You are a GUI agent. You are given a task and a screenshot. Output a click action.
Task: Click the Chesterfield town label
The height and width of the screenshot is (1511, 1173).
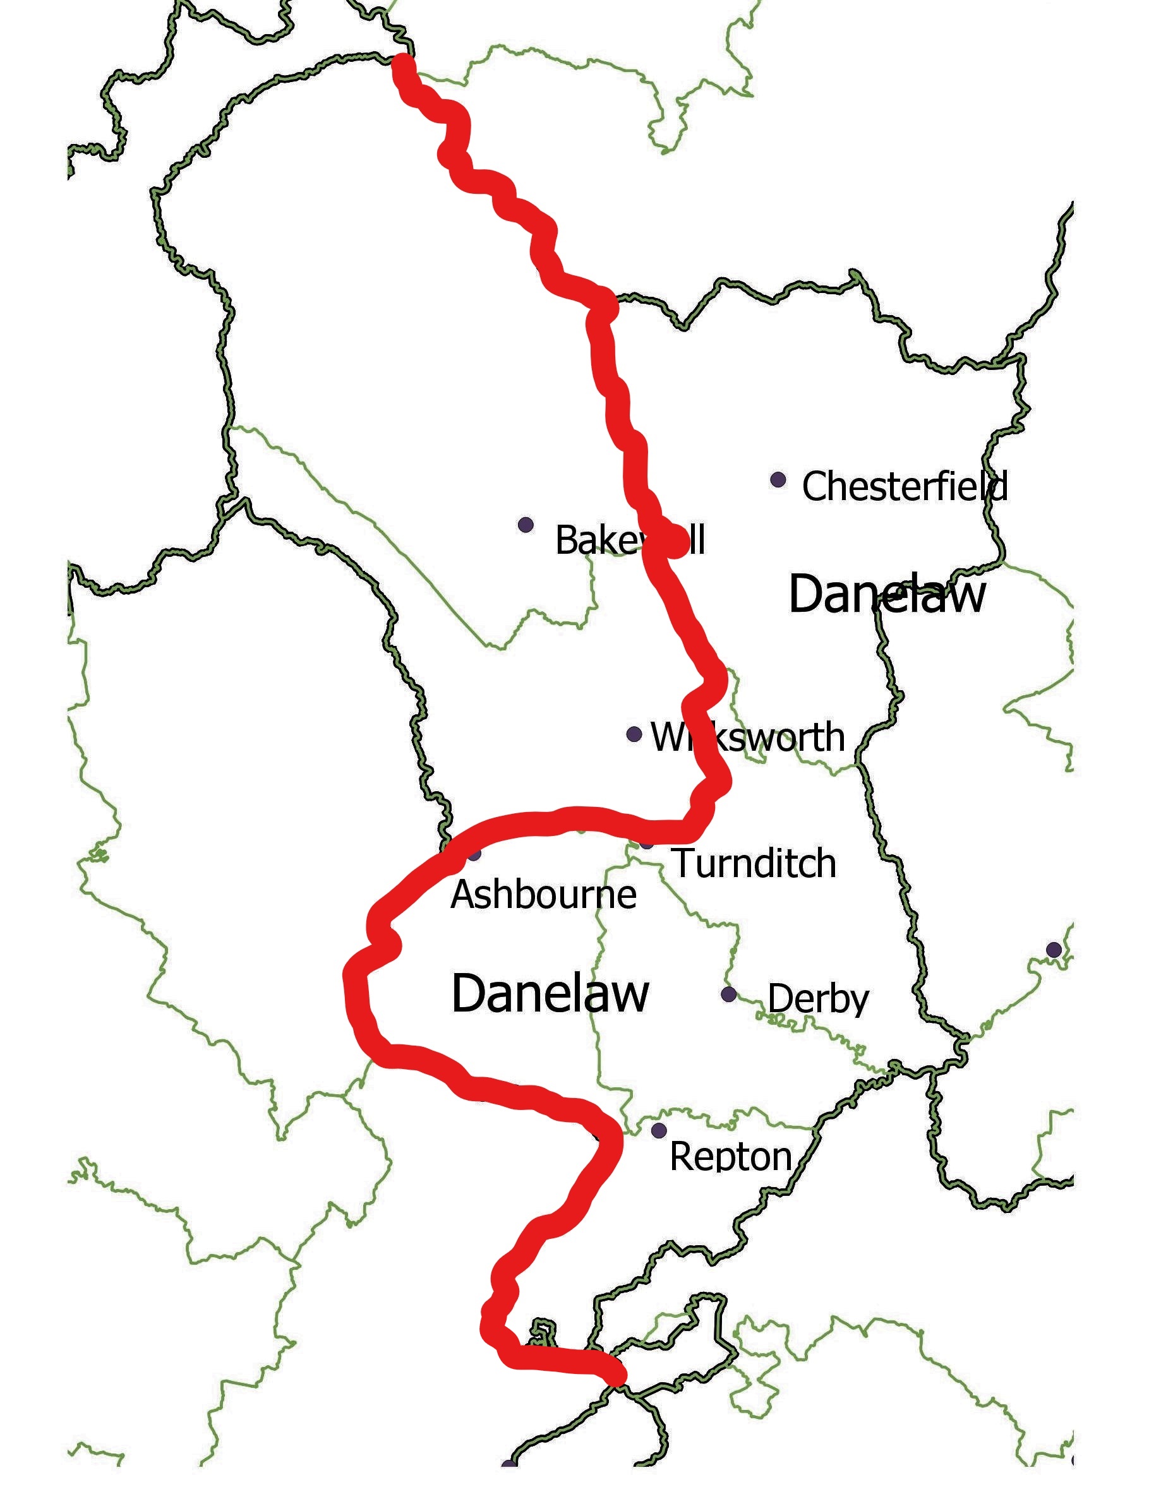[x=904, y=486]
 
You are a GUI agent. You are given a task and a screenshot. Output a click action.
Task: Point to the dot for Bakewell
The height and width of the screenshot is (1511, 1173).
[x=526, y=525]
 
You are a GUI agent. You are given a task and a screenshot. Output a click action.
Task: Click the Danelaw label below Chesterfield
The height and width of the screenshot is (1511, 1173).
[x=887, y=594]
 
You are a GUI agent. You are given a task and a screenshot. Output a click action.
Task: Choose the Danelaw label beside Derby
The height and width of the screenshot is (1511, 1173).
[x=550, y=993]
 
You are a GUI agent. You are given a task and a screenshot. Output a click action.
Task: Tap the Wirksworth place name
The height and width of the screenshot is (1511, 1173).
[x=747, y=737]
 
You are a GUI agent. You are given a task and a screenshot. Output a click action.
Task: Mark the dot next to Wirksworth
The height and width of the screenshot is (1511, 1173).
[x=634, y=734]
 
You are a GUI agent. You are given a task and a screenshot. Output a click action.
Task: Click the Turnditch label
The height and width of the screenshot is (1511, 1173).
[x=755, y=863]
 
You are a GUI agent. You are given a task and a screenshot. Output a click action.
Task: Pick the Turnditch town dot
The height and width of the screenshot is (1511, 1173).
[x=646, y=843]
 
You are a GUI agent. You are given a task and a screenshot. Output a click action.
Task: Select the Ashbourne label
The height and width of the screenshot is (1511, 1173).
[x=543, y=895]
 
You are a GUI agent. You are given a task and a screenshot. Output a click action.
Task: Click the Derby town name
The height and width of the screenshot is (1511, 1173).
[x=818, y=999]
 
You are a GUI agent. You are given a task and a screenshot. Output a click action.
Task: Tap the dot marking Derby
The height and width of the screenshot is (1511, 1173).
[x=729, y=994]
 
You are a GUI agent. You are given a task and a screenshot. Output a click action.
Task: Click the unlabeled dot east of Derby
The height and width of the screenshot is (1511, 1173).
[x=1053, y=950]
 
